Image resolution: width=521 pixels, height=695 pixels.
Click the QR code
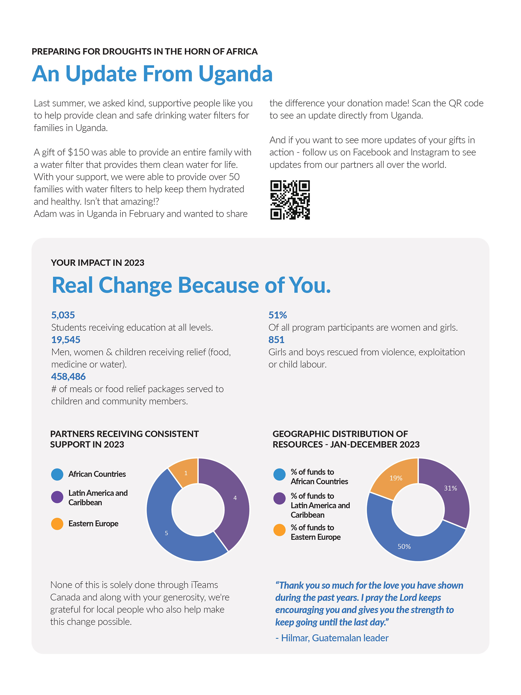pos(290,200)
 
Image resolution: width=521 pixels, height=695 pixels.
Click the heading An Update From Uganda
pos(152,74)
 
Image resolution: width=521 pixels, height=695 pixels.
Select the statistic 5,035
pos(63,315)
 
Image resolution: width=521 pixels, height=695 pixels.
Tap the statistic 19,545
pos(66,340)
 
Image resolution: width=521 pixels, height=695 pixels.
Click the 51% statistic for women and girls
pos(278,315)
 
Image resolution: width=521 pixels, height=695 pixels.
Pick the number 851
pos(276,340)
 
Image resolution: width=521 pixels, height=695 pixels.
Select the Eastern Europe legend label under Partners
pos(93,523)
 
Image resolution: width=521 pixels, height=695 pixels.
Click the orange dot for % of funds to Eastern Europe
pos(279,530)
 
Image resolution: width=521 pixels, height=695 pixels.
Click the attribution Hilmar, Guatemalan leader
pos(332,638)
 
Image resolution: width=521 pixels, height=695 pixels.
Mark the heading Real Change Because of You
pos(191,285)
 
